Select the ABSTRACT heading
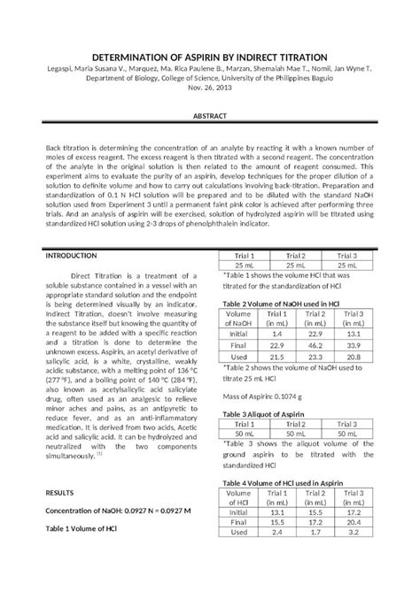point(209,117)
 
